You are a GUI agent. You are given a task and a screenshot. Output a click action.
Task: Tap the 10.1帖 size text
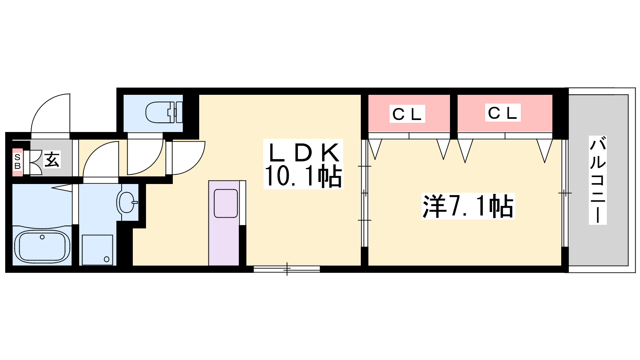click(x=303, y=176)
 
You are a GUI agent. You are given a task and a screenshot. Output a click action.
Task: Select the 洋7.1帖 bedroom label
click(x=468, y=206)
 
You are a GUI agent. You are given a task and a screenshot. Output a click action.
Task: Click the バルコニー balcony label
click(x=598, y=180)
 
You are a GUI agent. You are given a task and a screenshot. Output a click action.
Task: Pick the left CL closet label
click(x=407, y=114)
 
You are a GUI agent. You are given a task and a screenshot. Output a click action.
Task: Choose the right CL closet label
click(x=503, y=113)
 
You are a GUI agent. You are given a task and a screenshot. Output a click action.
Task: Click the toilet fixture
click(x=163, y=112)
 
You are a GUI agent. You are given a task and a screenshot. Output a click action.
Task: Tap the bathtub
click(x=42, y=246)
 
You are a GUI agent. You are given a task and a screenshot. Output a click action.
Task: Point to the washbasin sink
click(x=127, y=202)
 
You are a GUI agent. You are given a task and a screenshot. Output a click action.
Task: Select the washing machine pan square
click(x=97, y=250)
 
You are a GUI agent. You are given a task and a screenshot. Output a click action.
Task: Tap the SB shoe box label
click(x=17, y=162)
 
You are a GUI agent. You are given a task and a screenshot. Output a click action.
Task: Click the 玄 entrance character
click(x=52, y=160)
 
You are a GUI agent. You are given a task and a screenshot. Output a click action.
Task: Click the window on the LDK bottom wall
click(x=287, y=269)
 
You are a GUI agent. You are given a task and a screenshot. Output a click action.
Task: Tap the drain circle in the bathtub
click(x=42, y=237)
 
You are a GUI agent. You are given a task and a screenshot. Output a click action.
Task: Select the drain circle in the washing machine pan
click(x=106, y=259)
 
